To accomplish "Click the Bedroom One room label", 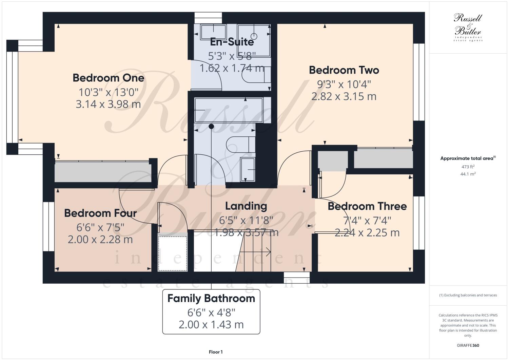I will (x=109, y=78).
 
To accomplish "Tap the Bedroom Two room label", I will (x=344, y=70).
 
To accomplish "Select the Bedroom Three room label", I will (x=367, y=206).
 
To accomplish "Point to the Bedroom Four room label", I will (x=100, y=213).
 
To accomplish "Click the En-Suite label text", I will (x=232, y=42).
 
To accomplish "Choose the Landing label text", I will (x=246, y=206).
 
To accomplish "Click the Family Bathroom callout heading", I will (x=211, y=299).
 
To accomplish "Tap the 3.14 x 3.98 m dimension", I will (x=108, y=104).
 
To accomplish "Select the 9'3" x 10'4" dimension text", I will (x=344, y=84).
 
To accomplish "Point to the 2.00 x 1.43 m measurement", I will (x=211, y=325).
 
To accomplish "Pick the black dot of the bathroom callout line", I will (x=211, y=126).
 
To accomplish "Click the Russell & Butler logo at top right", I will (x=468, y=27).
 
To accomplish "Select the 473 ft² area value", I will (x=468, y=167).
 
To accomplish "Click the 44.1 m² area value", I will (x=468, y=174).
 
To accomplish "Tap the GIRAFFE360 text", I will (x=468, y=345).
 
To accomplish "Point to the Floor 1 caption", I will (x=216, y=352).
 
